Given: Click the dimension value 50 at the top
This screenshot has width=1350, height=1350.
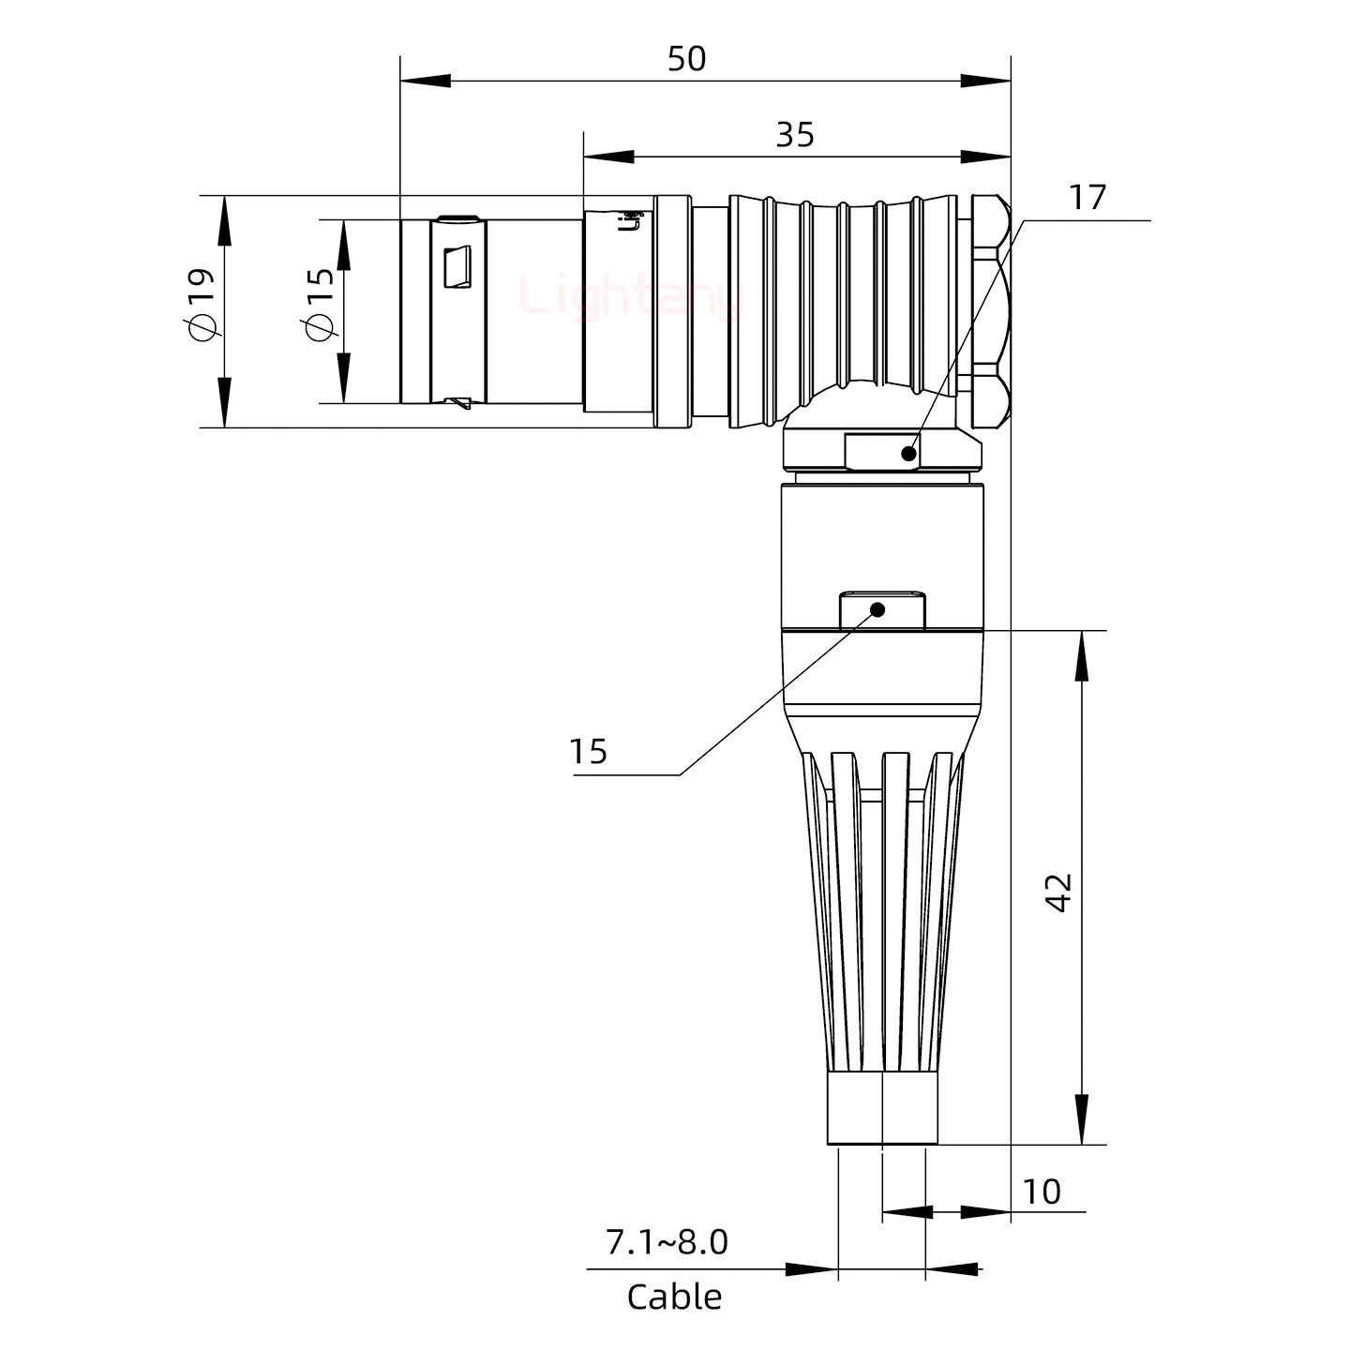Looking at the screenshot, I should [686, 59].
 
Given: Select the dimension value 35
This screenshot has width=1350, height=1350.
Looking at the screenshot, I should [795, 136].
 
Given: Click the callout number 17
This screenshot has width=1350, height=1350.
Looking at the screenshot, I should [1087, 198].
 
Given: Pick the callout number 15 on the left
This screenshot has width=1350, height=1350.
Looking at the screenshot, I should [589, 752].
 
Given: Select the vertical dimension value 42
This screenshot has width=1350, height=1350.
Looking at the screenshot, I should [1059, 892].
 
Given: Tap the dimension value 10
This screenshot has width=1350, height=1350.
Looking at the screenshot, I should [1042, 1192].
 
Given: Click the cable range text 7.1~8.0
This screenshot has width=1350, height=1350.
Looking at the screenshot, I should [667, 1242].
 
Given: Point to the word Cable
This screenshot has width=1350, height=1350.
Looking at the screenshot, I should [674, 1297].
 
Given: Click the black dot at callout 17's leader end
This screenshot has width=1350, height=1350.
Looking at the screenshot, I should [907, 454].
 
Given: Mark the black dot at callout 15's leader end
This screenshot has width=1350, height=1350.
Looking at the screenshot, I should [878, 610].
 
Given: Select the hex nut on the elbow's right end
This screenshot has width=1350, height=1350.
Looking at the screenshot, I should [989, 309].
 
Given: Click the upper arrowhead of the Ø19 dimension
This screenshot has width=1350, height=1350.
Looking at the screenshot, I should [225, 219].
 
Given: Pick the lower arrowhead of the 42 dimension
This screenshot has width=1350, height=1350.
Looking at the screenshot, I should [1082, 1119].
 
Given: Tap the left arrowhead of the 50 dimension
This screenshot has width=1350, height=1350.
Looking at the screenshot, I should [425, 82].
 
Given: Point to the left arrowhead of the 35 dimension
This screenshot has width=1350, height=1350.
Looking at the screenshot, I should [607, 157].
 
